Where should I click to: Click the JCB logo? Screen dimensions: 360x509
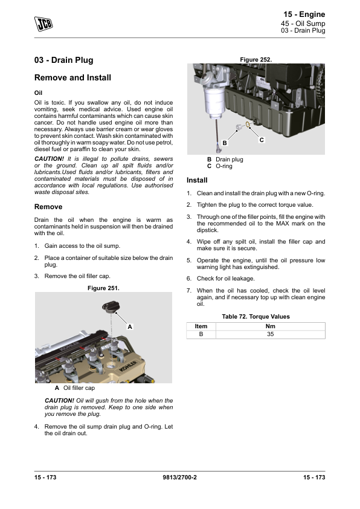coord(43,24)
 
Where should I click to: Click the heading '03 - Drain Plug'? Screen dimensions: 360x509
coord(64,60)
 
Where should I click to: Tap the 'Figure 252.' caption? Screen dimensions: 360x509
coord(256,60)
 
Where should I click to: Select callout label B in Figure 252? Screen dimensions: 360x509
coord(225,143)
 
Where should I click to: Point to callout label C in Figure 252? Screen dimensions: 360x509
coord(262,140)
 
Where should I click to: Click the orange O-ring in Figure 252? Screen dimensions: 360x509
coord(247,125)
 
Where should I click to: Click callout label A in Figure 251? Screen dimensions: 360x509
coord(130,327)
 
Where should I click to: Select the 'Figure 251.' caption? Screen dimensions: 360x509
coord(103,288)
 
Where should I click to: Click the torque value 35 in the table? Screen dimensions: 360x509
coord(271,334)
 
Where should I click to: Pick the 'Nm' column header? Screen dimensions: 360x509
coord(271,326)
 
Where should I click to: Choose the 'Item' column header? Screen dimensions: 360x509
coord(201,326)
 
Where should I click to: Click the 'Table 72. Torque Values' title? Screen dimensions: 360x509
coord(256,317)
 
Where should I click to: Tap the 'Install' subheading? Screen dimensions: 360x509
coord(197,180)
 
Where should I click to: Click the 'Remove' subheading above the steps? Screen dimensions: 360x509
coord(48,207)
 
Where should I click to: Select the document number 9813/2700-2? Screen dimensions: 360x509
coord(179,477)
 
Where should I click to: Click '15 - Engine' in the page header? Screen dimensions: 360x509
coord(304,15)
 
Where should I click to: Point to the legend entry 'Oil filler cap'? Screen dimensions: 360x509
coord(79,388)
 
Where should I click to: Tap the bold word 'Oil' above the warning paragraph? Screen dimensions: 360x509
coord(38,93)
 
